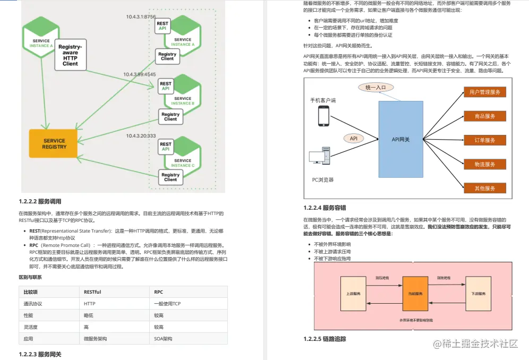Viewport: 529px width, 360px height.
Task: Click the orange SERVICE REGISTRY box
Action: click(55, 143)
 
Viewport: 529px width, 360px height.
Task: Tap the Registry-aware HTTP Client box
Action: click(70, 55)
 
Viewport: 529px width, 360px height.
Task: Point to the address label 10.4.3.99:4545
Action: click(140, 74)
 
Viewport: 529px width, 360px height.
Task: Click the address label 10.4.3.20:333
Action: click(141, 136)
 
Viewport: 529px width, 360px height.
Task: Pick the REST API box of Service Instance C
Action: click(166, 147)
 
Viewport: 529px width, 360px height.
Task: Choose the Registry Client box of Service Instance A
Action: click(167, 56)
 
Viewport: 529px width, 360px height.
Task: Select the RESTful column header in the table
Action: click(92, 292)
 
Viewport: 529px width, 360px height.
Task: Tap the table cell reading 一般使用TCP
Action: click(167, 304)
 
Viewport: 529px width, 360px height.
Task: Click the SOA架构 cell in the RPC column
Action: click(164, 338)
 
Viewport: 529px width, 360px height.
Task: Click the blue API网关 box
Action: click(400, 139)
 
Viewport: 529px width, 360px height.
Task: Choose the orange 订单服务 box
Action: click(484, 140)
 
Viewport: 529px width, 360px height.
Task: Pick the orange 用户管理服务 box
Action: click(484, 92)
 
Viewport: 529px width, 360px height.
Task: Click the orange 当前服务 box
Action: click(415, 294)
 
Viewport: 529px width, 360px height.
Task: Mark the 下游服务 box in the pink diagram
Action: click(478, 293)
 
